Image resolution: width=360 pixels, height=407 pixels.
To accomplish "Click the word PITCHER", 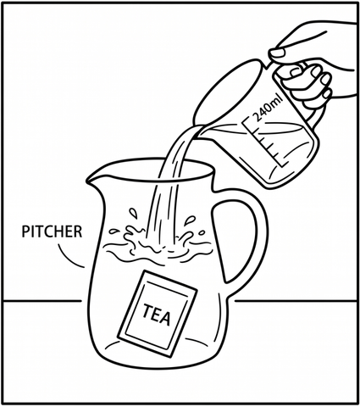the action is pos(52,231).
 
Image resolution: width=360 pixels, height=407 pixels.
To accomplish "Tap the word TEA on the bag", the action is pos(156,315).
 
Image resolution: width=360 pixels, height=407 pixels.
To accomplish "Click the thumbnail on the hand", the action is pos(277,53).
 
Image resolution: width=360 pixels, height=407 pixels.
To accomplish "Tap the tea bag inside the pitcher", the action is pos(158,314).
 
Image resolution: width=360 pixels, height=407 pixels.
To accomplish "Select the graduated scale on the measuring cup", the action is pos(264,142).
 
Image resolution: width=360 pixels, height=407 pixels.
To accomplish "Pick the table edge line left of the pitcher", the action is pos(42,301).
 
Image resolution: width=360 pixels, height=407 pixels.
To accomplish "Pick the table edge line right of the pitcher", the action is pos(296,301).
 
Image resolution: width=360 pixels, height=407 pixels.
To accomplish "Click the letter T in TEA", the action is pos(147,310).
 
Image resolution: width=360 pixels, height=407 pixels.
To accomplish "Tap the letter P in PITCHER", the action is pos(25,231).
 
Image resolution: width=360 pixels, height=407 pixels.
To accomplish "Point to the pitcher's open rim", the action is pos(152,170).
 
